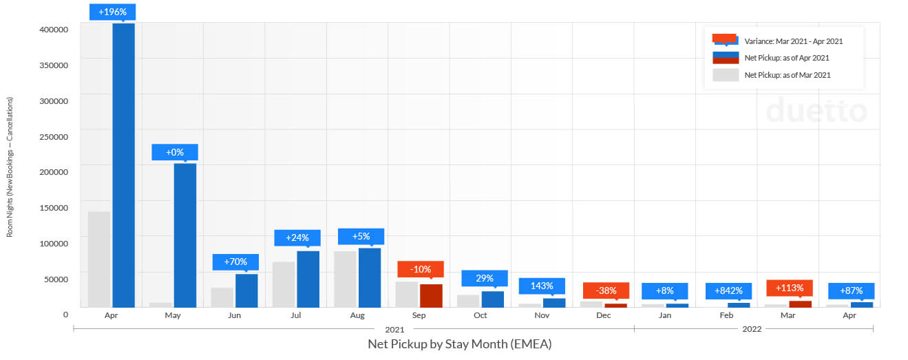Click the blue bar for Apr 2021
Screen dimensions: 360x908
tap(123, 165)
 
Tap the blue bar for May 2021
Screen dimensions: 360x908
tap(185, 235)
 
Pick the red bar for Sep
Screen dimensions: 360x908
tap(431, 295)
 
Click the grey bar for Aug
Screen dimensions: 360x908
tap(345, 279)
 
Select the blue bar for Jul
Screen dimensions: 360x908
tap(308, 279)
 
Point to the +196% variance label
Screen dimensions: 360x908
tap(113, 12)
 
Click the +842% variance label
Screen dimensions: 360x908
tap(728, 290)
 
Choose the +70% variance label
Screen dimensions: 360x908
tap(235, 262)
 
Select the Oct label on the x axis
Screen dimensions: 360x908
tap(481, 315)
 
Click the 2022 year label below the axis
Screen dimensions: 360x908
tap(752, 330)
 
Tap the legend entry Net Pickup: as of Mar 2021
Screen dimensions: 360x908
tap(788, 75)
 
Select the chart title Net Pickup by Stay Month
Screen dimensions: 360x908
tap(460, 343)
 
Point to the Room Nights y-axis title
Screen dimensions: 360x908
tap(10, 167)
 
